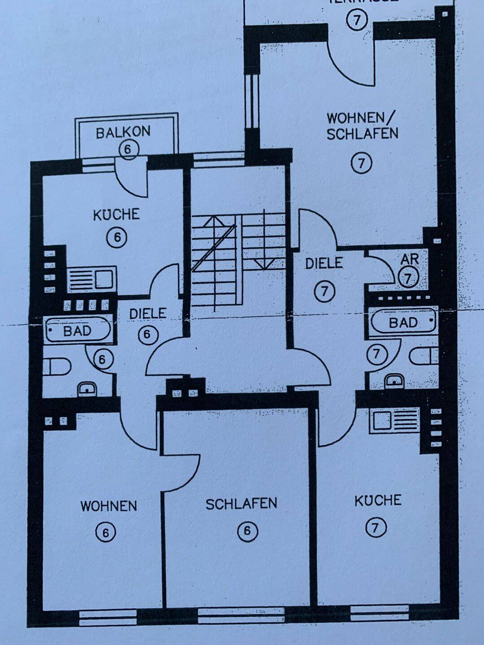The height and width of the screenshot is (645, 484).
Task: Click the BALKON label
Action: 123,133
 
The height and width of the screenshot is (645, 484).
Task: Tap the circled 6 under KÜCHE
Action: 117,237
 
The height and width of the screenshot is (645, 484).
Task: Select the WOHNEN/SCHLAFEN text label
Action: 362,126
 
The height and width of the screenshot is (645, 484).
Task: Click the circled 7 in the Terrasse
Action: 357,20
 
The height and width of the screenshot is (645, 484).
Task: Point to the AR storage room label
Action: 410,259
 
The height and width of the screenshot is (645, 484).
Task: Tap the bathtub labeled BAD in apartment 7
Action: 403,322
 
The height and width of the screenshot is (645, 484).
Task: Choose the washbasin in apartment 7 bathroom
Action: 394,380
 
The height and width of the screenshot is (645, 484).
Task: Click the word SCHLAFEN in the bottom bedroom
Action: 241,504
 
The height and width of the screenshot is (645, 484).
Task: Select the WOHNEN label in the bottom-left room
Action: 108,506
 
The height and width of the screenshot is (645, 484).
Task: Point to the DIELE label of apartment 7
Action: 324,263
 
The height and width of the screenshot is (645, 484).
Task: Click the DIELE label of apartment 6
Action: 148,314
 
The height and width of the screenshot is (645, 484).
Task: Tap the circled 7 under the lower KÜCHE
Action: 376,528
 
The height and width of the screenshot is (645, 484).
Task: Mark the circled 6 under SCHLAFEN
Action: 247,531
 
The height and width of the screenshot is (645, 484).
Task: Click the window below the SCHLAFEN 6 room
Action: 241,614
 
